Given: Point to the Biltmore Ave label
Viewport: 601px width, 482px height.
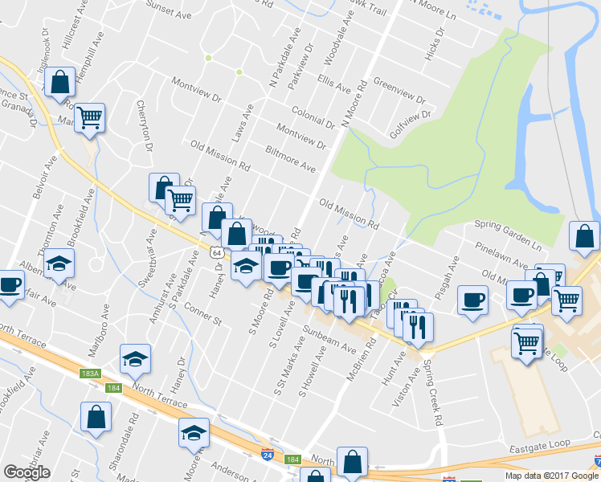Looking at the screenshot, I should [x=290, y=158].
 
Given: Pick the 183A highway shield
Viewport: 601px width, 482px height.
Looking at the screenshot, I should [x=91, y=374].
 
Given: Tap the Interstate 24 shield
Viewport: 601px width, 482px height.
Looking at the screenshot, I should [x=266, y=454].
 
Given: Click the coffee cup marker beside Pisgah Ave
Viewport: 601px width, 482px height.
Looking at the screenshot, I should [x=472, y=300].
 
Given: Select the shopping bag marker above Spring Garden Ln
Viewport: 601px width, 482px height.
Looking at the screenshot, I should [x=583, y=235].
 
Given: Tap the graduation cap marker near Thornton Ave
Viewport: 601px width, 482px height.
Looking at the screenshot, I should [x=59, y=262].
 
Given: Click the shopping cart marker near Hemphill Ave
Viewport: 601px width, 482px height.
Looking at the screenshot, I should [x=90, y=117].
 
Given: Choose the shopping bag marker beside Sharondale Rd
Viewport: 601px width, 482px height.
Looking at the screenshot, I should [x=96, y=416].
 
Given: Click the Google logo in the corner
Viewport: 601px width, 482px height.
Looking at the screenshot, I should [x=27, y=472].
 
